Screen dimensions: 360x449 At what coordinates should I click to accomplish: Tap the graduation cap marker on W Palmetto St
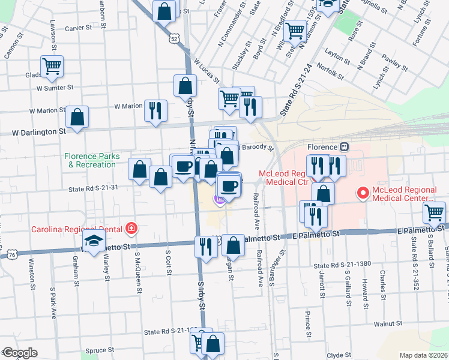coord(93,241)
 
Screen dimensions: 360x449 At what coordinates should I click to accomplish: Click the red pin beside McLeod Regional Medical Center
coord(363,193)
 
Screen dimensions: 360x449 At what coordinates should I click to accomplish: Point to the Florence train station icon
coord(345,147)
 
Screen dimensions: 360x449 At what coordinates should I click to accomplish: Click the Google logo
coord(19,353)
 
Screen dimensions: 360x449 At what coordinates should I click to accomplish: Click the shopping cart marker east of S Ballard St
coord(435,211)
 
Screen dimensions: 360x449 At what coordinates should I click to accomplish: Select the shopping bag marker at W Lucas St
coord(185,85)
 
